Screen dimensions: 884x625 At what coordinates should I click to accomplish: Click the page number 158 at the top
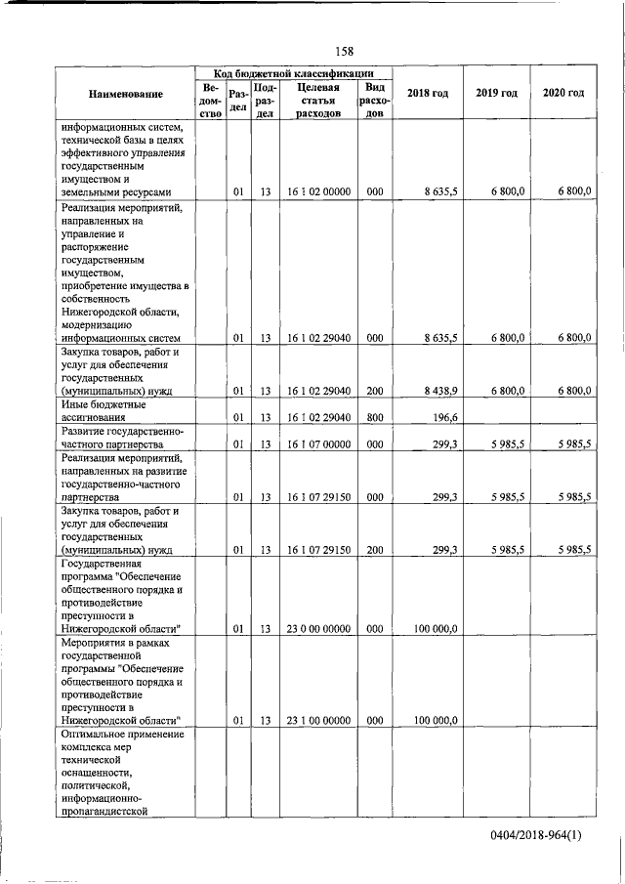point(343,51)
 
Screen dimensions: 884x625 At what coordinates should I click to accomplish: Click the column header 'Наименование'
point(125,94)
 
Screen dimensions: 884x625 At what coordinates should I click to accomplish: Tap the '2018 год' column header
point(428,93)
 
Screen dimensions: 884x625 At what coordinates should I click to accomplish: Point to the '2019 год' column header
point(496,93)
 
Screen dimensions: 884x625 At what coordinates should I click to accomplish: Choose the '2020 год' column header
point(563,93)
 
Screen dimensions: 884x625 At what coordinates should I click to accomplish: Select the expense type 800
point(374,417)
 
